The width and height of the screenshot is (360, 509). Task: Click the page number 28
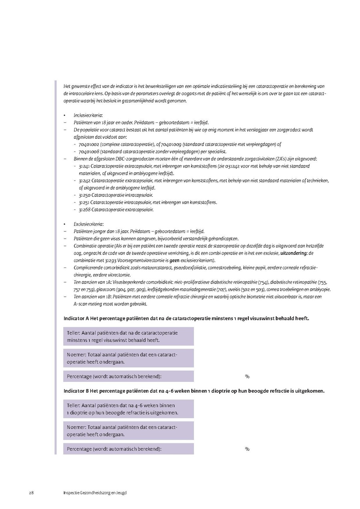click(31, 493)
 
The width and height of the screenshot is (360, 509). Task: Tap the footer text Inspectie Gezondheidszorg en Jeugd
click(95, 493)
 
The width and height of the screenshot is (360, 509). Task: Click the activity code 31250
click(84, 195)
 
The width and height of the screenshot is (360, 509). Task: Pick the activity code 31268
click(84, 210)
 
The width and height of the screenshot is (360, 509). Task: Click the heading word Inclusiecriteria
click(88, 115)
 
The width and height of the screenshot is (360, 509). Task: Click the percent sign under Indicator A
click(247, 377)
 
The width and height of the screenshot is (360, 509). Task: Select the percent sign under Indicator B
click(247, 449)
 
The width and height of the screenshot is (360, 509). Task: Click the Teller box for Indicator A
click(128, 336)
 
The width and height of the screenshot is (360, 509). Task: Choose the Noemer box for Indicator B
click(128, 431)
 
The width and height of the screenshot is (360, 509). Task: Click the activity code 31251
click(84, 202)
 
